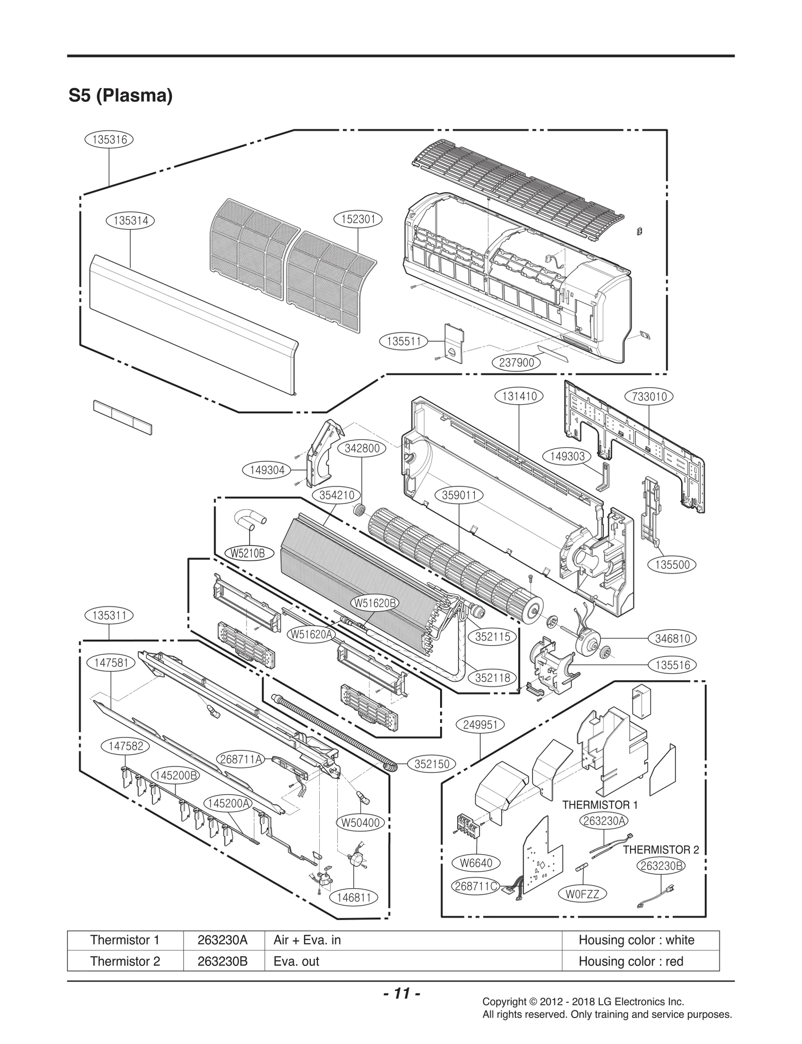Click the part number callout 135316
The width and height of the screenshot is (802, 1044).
point(109,139)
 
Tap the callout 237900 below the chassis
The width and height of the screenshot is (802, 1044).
point(516,362)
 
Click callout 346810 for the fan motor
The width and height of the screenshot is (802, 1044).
point(672,638)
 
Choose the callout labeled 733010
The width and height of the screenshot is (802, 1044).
point(649,396)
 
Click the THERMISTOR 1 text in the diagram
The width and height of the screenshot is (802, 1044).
point(599,805)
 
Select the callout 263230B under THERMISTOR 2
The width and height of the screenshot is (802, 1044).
point(661,866)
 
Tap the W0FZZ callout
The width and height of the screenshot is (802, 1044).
point(582,894)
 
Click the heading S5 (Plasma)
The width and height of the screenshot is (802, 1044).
point(120,95)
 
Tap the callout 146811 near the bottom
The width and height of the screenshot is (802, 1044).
point(354,897)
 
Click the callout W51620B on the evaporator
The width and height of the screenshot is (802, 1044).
point(375,603)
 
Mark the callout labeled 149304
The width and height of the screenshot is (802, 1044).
point(267,470)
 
